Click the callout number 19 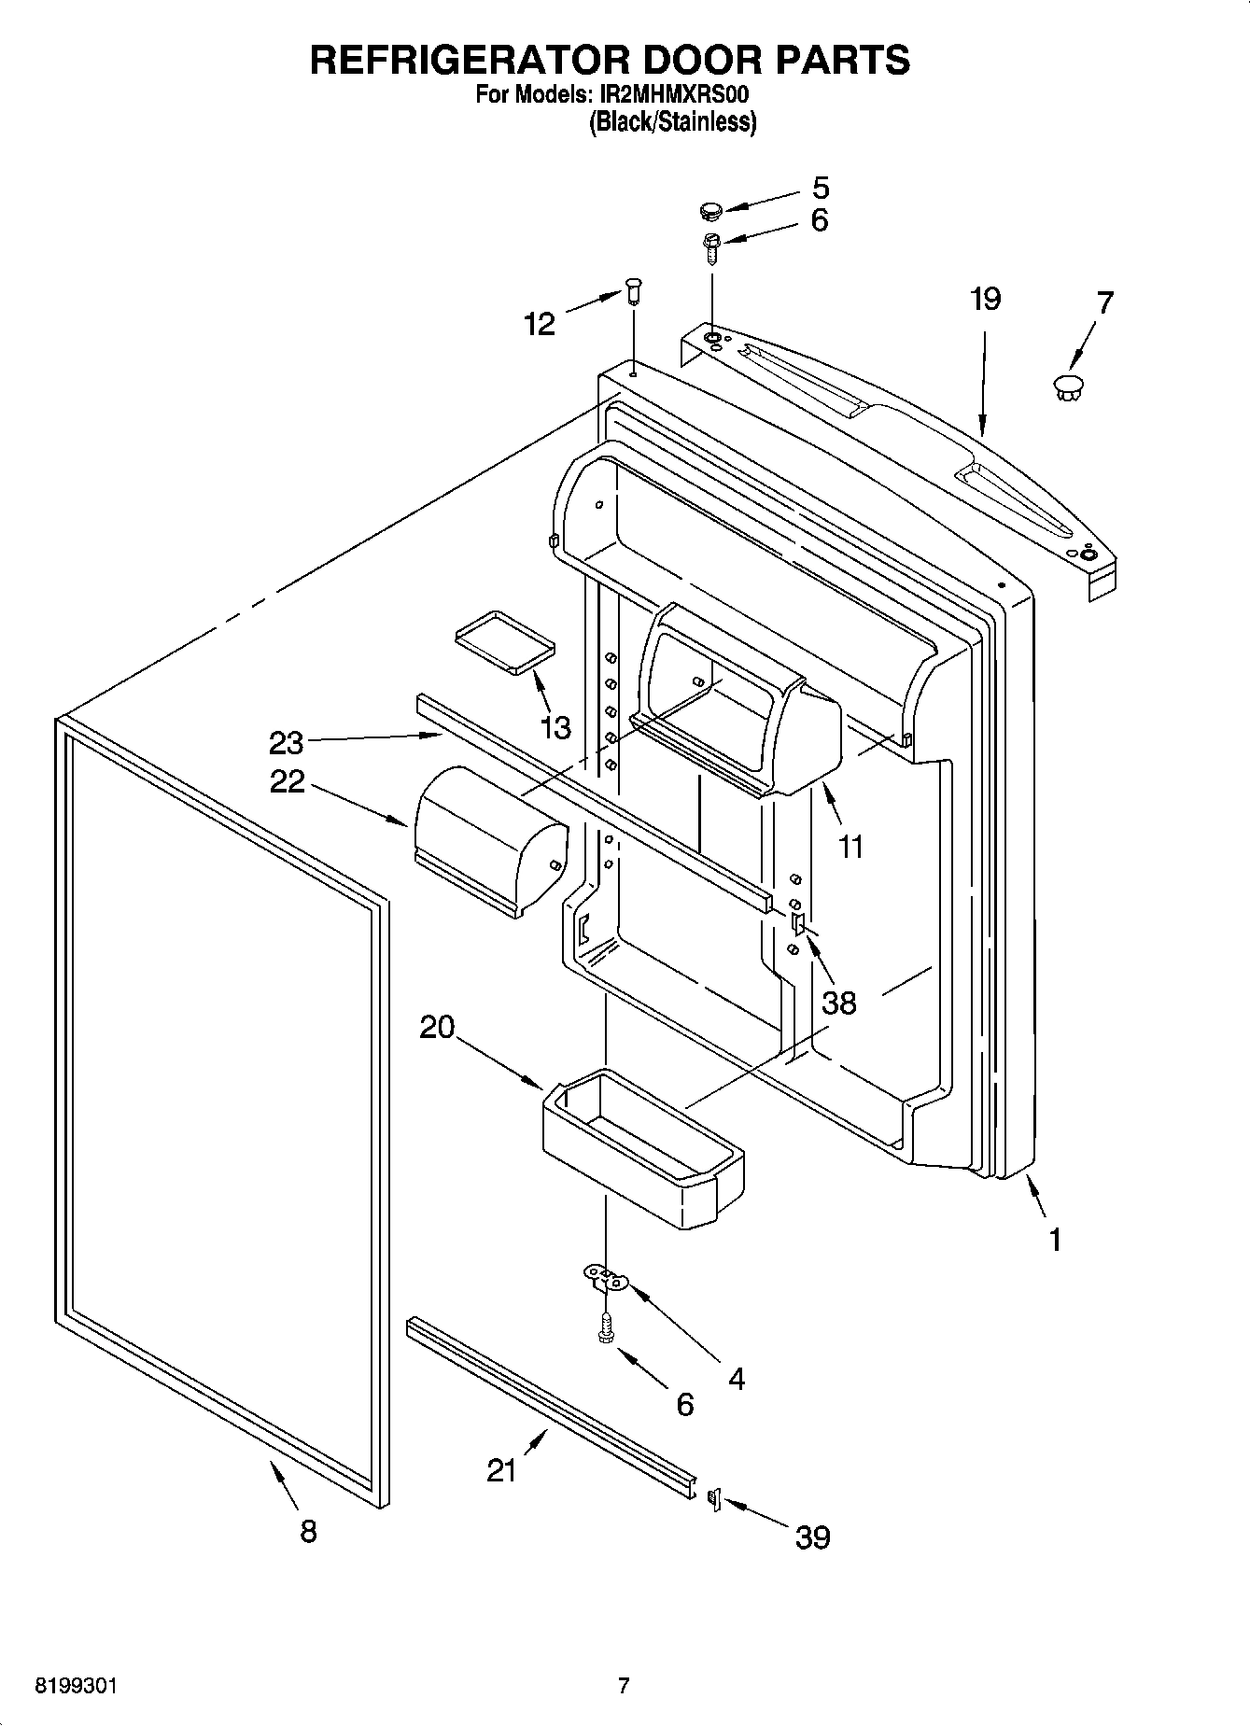tap(984, 300)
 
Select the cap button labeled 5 tap(712, 210)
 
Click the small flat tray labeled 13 tap(504, 641)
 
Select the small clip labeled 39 tap(715, 1498)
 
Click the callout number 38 tap(838, 1003)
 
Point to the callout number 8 tap(308, 1531)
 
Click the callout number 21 tap(501, 1471)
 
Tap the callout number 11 tap(850, 847)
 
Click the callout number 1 tap(1055, 1240)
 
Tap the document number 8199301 tap(76, 1686)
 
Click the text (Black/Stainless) tap(672, 122)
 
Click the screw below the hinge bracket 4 tap(605, 1329)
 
